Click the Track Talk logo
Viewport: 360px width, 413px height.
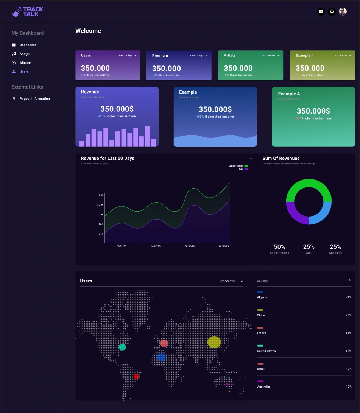click(27, 11)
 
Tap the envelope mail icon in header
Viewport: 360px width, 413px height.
click(321, 12)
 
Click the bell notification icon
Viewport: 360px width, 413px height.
click(332, 12)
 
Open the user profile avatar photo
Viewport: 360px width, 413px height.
click(343, 12)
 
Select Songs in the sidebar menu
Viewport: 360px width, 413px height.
click(24, 54)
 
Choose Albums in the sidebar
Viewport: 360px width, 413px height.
click(25, 63)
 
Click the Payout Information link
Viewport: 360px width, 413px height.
click(34, 99)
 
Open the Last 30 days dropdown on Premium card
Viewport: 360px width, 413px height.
click(199, 56)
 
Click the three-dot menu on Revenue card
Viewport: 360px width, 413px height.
click(152, 92)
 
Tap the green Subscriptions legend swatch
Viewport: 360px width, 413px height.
click(246, 166)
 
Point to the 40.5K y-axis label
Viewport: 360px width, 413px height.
click(100, 195)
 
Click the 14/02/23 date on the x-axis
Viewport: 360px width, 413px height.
click(155, 246)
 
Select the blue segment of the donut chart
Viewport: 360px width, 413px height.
click(321, 212)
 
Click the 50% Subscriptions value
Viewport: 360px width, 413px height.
click(279, 247)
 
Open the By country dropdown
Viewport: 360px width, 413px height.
click(231, 281)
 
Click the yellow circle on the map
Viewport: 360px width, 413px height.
click(214, 342)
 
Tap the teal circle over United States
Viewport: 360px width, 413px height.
click(122, 347)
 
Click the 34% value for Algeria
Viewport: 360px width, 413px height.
click(348, 298)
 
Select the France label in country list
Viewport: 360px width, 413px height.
click(262, 333)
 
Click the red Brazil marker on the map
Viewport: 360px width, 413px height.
click(136, 376)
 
